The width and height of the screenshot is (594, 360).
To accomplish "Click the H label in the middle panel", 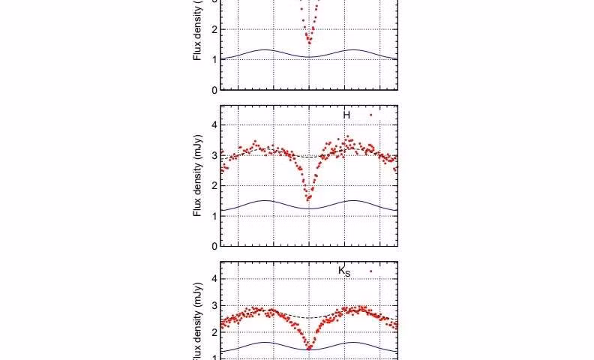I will click(346, 115).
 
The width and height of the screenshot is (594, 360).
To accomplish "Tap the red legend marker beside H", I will click(370, 115).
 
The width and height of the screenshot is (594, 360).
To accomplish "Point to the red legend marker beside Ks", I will click(370, 271).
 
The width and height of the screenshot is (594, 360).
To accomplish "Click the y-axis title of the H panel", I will click(198, 176).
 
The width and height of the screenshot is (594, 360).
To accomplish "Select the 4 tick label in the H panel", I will click(214, 125).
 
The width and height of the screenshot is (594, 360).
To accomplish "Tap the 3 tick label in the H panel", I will click(214, 155).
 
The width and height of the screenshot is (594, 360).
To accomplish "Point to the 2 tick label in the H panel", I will click(214, 186).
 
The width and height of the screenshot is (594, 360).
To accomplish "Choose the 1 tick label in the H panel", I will click(214, 216).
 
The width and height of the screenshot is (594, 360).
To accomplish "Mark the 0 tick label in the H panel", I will click(214, 246).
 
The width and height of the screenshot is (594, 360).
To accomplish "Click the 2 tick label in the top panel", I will click(214, 29).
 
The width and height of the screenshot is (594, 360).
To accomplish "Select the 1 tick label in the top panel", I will click(214, 59).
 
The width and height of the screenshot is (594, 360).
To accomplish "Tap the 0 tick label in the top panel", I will click(214, 90).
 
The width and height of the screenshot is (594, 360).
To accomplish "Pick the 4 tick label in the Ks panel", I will click(214, 279).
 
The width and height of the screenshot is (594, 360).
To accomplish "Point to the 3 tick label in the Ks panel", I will click(214, 305).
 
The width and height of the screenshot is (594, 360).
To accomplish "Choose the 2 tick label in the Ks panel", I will click(214, 331).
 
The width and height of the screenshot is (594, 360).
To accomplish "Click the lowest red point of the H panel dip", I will click(308, 201).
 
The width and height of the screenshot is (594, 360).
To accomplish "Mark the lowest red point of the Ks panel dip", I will click(308, 349).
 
